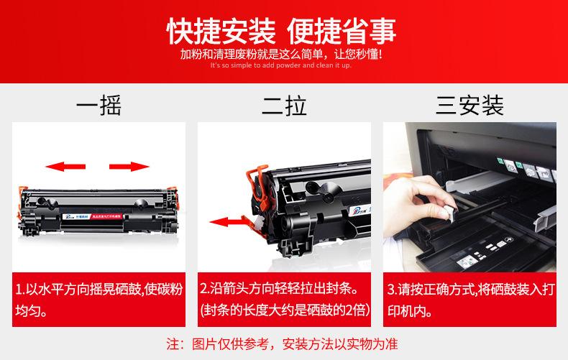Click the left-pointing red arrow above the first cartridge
[x=65, y=167]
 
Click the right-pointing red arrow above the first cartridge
[x=129, y=167]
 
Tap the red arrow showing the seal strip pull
[x=226, y=221]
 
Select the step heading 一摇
[x=99, y=106]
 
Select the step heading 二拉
[x=285, y=106]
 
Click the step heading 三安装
[x=469, y=106]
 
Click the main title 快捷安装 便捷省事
[x=281, y=31]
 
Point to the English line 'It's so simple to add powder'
[x=281, y=65]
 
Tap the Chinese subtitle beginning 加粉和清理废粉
[x=281, y=55]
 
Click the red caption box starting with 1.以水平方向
[x=99, y=300]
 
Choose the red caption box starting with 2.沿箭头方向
[x=285, y=300]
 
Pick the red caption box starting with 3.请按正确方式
[x=469, y=300]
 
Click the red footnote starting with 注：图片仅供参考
[x=282, y=344]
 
